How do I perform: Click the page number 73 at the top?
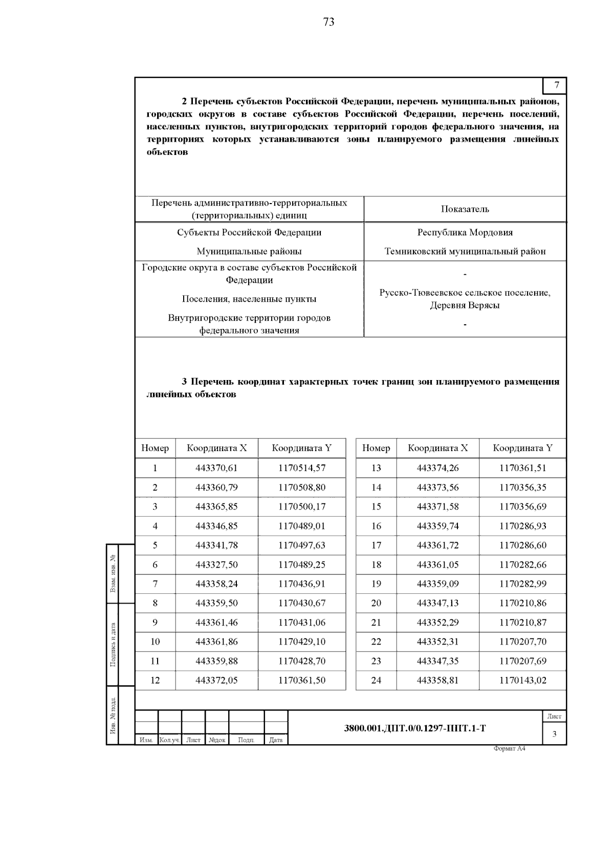tap(328, 22)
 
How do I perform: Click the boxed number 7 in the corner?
tap(557, 85)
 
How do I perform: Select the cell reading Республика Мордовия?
tap(465, 232)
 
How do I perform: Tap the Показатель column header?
tap(465, 209)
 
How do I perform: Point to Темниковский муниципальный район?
tap(465, 251)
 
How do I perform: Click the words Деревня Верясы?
tap(465, 305)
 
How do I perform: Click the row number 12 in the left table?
tap(155, 680)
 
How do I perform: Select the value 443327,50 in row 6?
tap(216, 565)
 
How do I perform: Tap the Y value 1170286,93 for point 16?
tap(522, 526)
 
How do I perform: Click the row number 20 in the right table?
tap(376, 603)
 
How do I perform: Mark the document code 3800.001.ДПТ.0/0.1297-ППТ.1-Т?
tap(414, 728)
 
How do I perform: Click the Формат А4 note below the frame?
tap(509, 749)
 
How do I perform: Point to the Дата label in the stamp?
tap(275, 740)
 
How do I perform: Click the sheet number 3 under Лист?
tap(554, 735)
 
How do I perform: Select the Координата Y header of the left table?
tap(301, 448)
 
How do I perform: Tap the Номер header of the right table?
tap(376, 448)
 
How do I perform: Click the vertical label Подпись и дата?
tap(113, 644)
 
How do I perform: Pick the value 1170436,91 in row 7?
tap(301, 584)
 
